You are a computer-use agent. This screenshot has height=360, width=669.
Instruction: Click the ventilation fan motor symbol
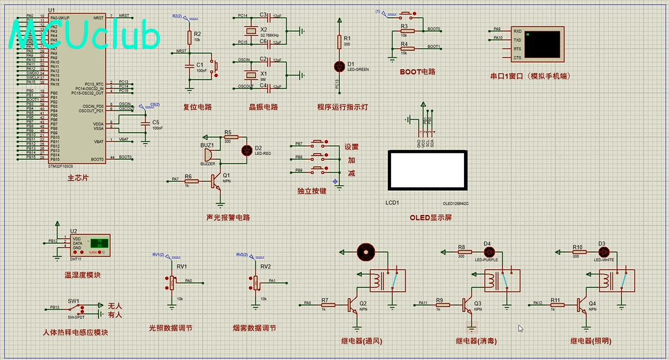coord(365,252)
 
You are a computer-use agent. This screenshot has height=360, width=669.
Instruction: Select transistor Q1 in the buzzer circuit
coord(217,182)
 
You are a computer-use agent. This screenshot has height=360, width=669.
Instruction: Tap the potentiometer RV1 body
coord(171,282)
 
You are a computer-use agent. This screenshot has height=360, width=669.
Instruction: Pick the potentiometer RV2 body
coord(256,282)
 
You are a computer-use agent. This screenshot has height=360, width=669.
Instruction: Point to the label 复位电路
coord(197,107)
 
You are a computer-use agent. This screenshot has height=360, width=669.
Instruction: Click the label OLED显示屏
coord(431,218)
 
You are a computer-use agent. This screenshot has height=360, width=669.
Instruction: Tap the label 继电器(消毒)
coord(476,341)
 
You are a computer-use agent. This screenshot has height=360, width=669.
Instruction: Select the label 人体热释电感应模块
coord(76,332)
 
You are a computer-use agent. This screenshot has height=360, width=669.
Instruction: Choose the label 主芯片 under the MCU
coord(78,178)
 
